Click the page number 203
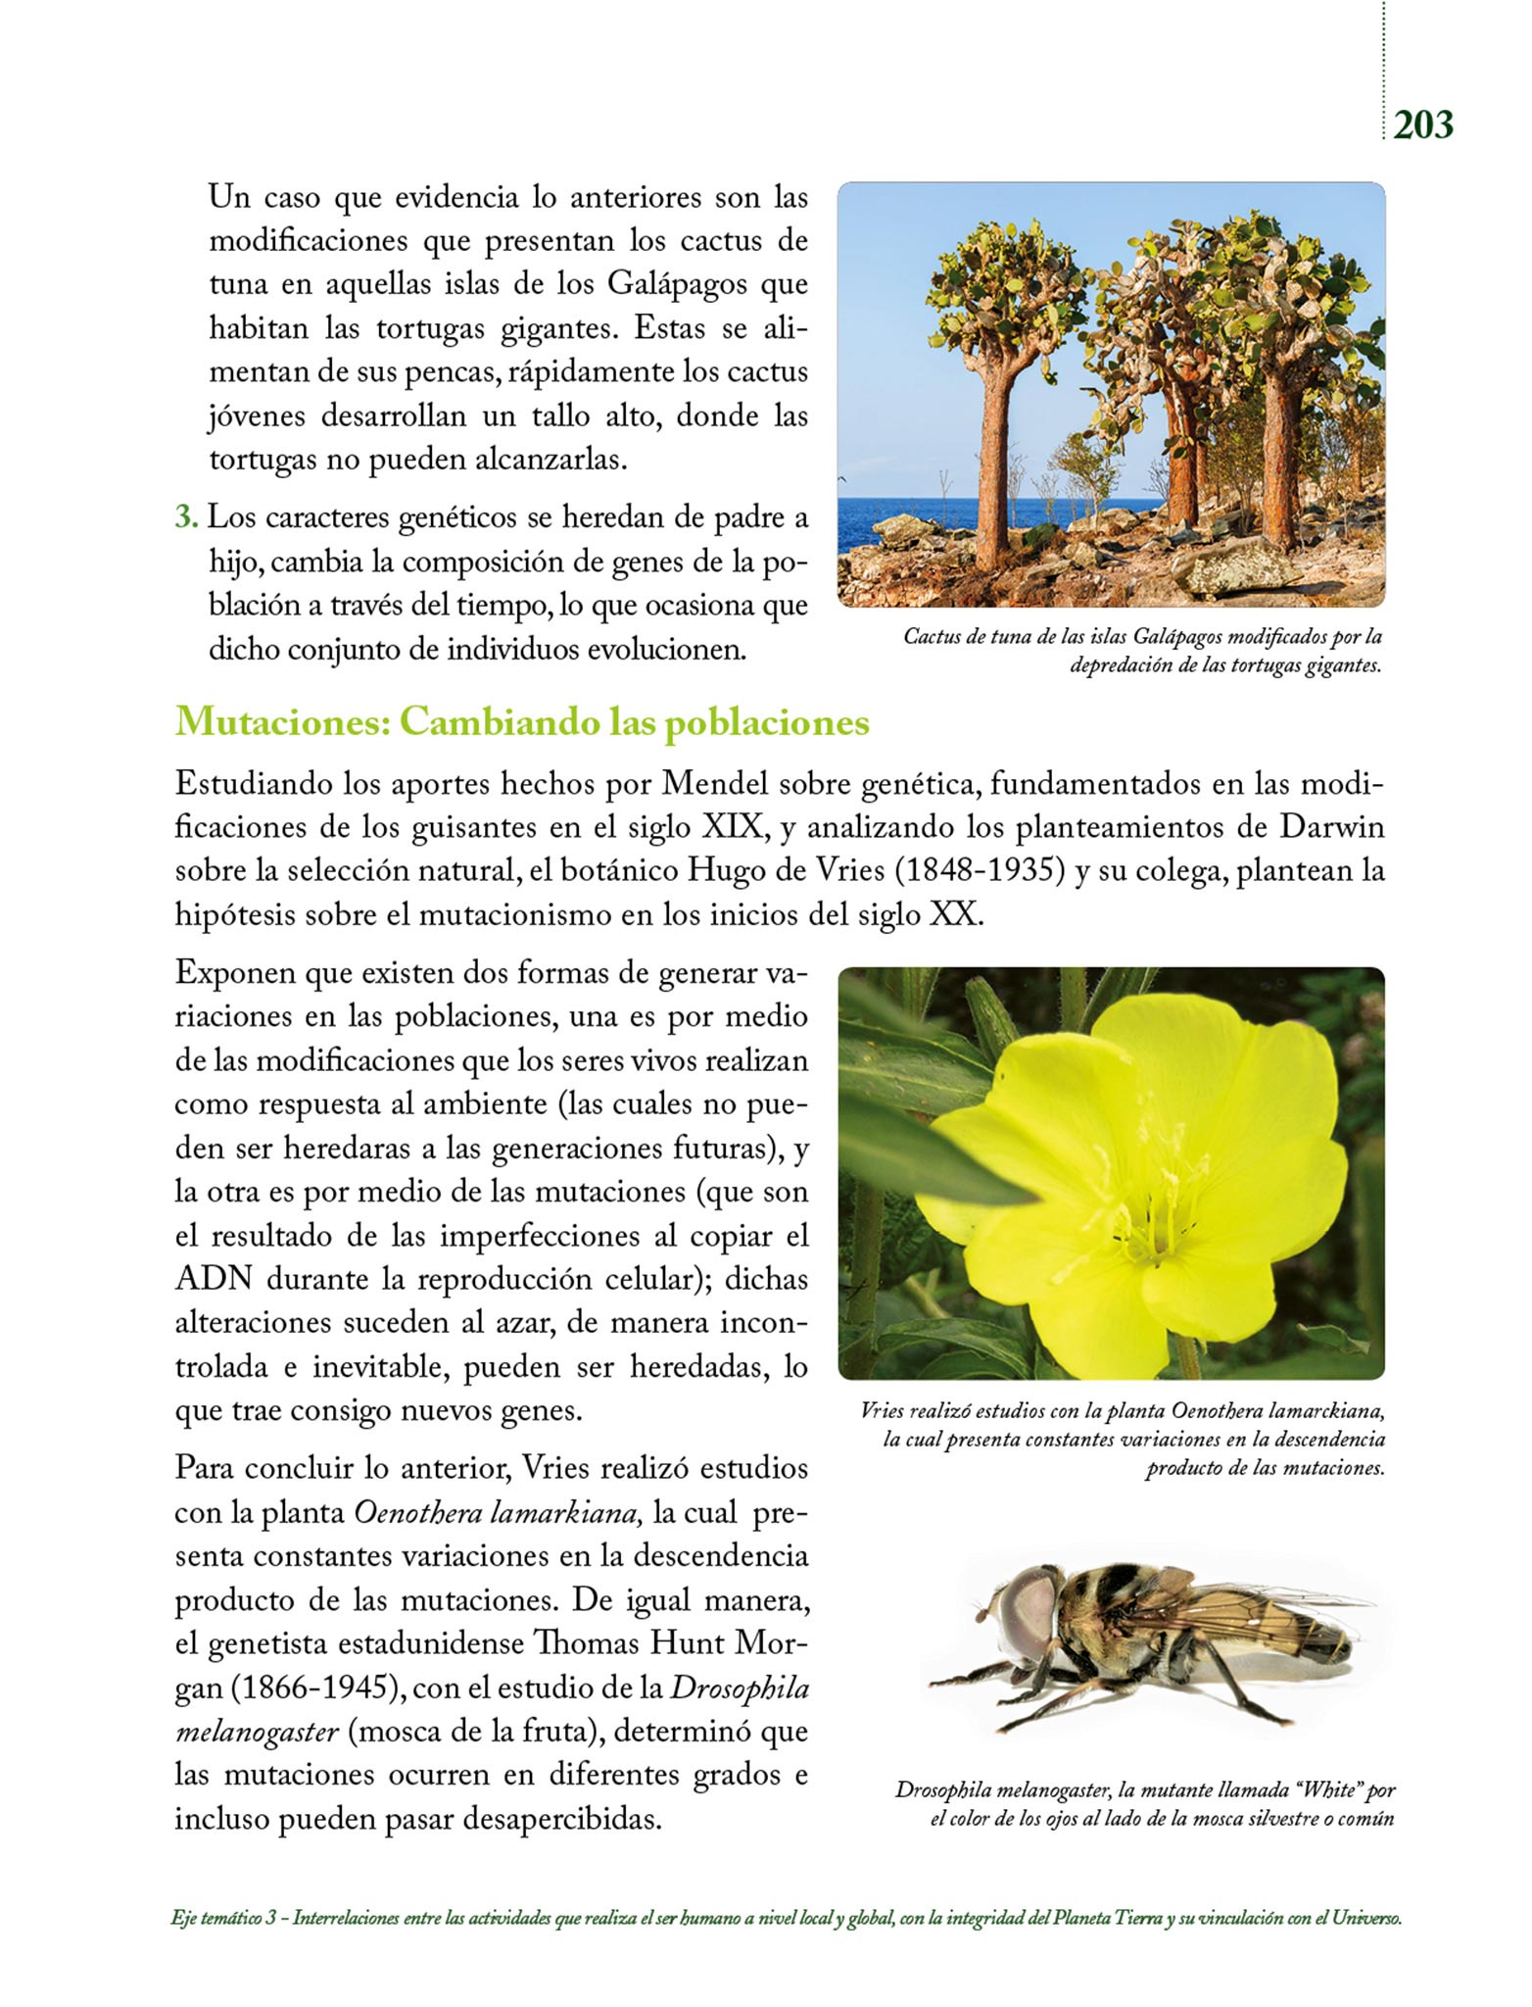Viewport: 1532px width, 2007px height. point(1423,125)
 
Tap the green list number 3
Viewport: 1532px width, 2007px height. point(186,517)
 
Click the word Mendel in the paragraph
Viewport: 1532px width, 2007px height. point(719,784)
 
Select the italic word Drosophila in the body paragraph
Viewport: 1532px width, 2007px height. point(740,1688)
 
